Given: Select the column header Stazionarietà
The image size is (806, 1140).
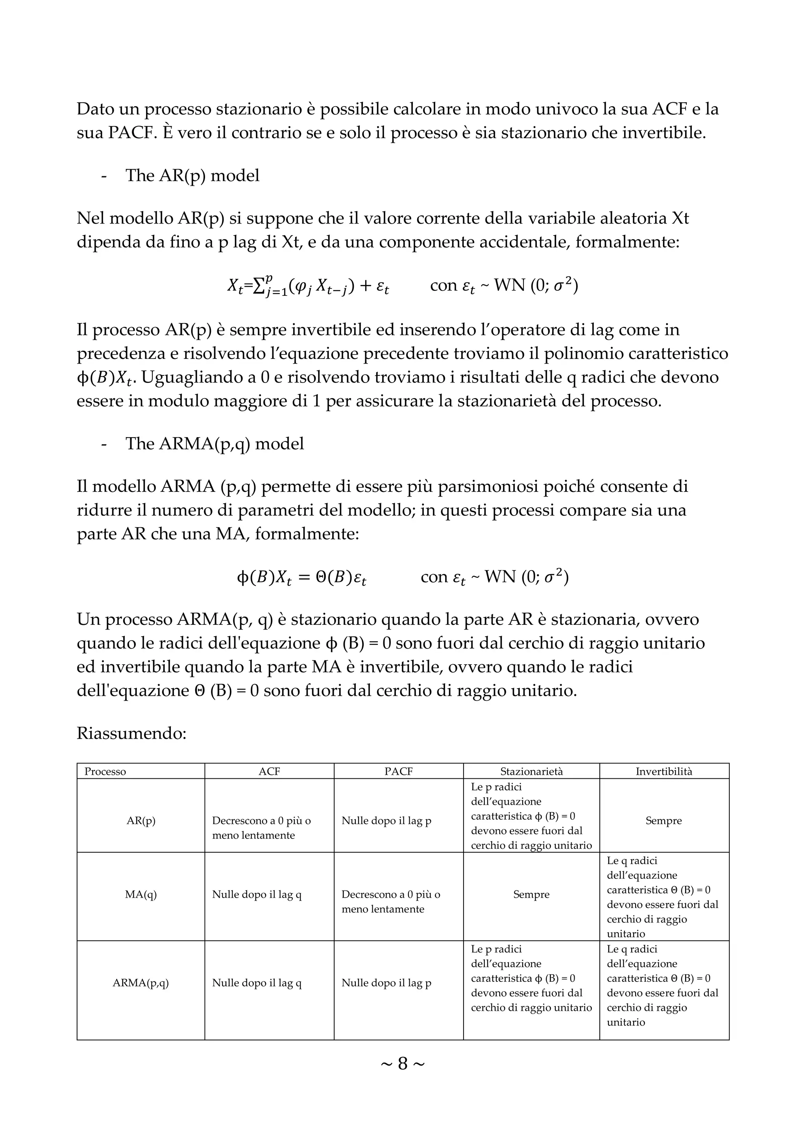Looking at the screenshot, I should click(x=531, y=771).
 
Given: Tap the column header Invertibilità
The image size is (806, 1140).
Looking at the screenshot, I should click(x=664, y=771).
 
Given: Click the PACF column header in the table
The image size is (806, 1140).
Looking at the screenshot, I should click(x=398, y=771).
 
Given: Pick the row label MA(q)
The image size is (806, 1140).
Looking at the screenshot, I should click(x=141, y=894).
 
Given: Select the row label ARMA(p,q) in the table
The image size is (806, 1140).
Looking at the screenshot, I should click(x=141, y=983).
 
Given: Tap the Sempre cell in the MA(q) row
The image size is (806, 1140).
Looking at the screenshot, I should click(x=531, y=894).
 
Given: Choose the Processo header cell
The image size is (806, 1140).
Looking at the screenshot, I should click(x=105, y=771).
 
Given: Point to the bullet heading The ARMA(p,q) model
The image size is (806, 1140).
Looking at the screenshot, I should click(x=214, y=443).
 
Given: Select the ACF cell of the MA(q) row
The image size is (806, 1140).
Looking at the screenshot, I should click(x=257, y=894).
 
